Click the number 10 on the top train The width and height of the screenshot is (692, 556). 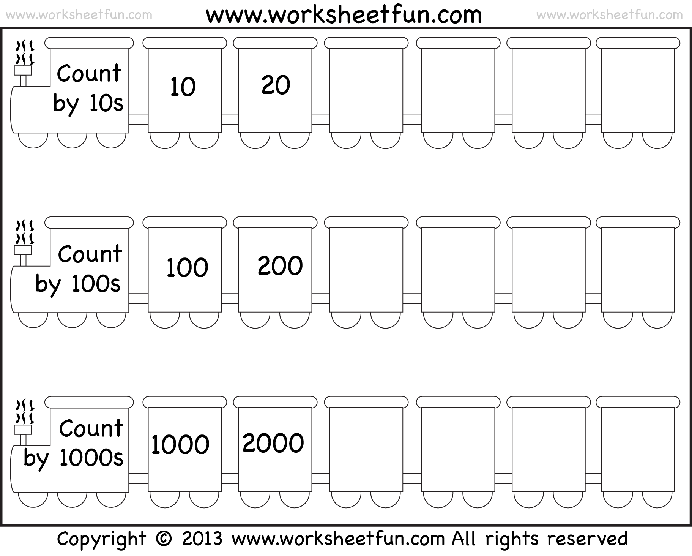tap(183, 87)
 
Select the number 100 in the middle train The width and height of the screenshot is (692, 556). tap(187, 267)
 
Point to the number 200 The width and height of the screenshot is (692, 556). tap(280, 265)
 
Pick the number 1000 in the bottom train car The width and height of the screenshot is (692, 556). tap(180, 444)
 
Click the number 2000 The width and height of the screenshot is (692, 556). tap(273, 443)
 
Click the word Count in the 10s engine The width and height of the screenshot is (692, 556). tap(89, 73)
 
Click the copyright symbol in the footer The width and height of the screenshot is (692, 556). tap(164, 539)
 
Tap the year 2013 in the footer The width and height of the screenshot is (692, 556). tap(202, 539)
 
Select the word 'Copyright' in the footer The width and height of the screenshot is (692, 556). tap(102, 540)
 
